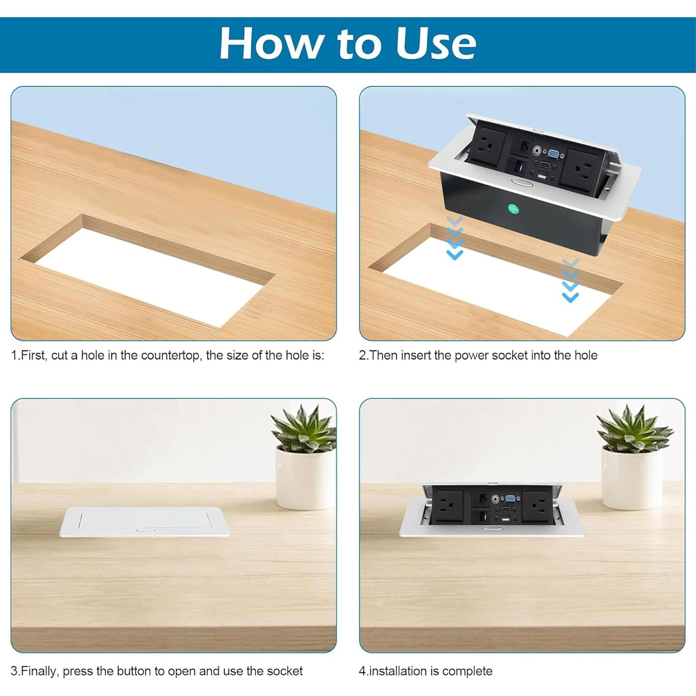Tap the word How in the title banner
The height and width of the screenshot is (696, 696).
pyautogui.click(x=270, y=43)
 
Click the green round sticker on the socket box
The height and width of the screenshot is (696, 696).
pyautogui.click(x=513, y=209)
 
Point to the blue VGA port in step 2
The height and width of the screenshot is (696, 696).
pyautogui.click(x=553, y=154)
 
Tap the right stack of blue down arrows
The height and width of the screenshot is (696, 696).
pyautogui.click(x=570, y=281)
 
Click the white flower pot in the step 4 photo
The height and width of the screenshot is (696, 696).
pyautogui.click(x=632, y=476)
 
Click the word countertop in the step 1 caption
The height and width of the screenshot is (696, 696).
pyautogui.click(x=170, y=355)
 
